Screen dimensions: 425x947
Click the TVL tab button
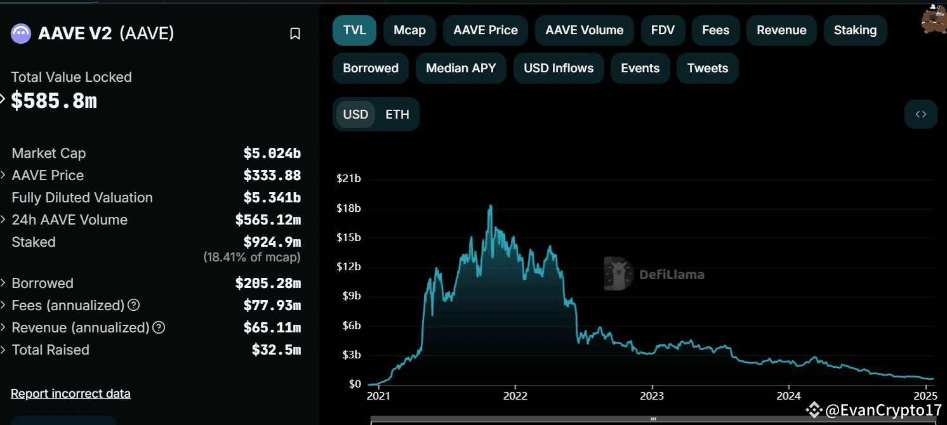click(x=354, y=30)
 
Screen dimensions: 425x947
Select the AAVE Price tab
click(x=486, y=30)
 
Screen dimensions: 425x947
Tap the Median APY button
click(x=461, y=69)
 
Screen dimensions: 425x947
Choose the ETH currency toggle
click(x=397, y=115)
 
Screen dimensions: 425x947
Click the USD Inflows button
click(x=559, y=69)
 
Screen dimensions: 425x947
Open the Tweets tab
click(x=708, y=69)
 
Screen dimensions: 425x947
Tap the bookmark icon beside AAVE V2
click(x=295, y=34)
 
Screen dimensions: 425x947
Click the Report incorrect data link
click(x=70, y=393)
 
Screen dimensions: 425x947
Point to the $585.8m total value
click(x=54, y=100)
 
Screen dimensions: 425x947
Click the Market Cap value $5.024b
click(x=272, y=154)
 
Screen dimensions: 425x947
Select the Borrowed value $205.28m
click(x=267, y=284)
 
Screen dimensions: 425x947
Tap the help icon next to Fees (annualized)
click(x=133, y=305)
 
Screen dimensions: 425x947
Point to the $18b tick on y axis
click(x=348, y=208)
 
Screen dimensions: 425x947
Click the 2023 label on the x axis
click(x=652, y=396)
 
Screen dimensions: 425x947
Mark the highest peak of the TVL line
click(x=490, y=206)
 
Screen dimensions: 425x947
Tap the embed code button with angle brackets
click(x=920, y=115)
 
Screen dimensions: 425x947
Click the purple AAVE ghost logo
click(x=21, y=34)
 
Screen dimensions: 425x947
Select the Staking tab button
click(x=855, y=30)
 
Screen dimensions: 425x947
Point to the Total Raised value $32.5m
click(x=276, y=350)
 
